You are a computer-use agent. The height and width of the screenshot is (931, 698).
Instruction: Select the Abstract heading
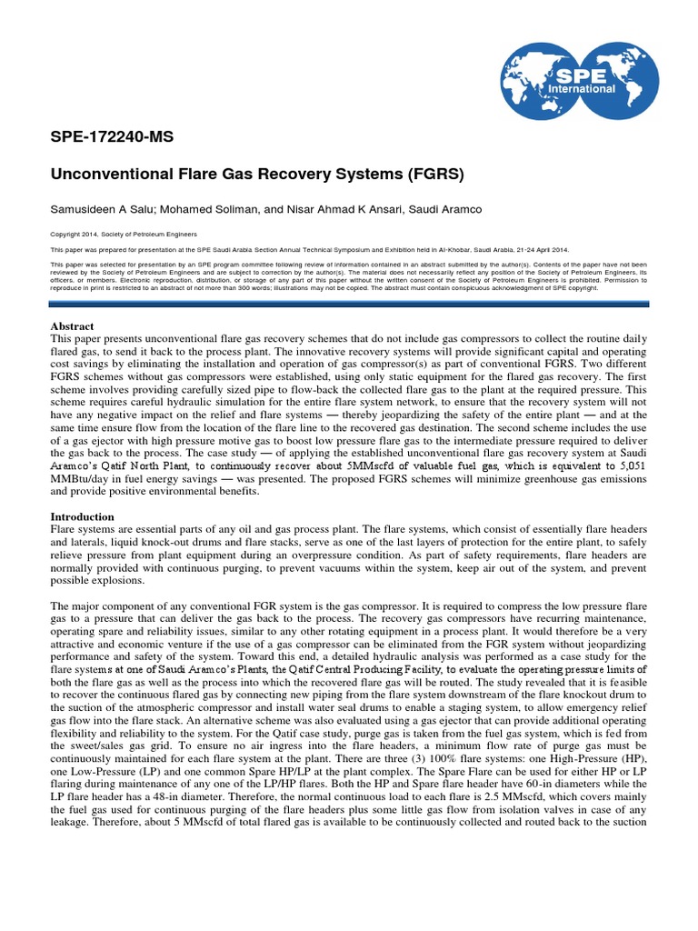coord(72,326)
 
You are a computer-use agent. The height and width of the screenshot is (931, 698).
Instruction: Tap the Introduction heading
coord(83,516)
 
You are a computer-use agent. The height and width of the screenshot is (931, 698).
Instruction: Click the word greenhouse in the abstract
coord(515,478)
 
